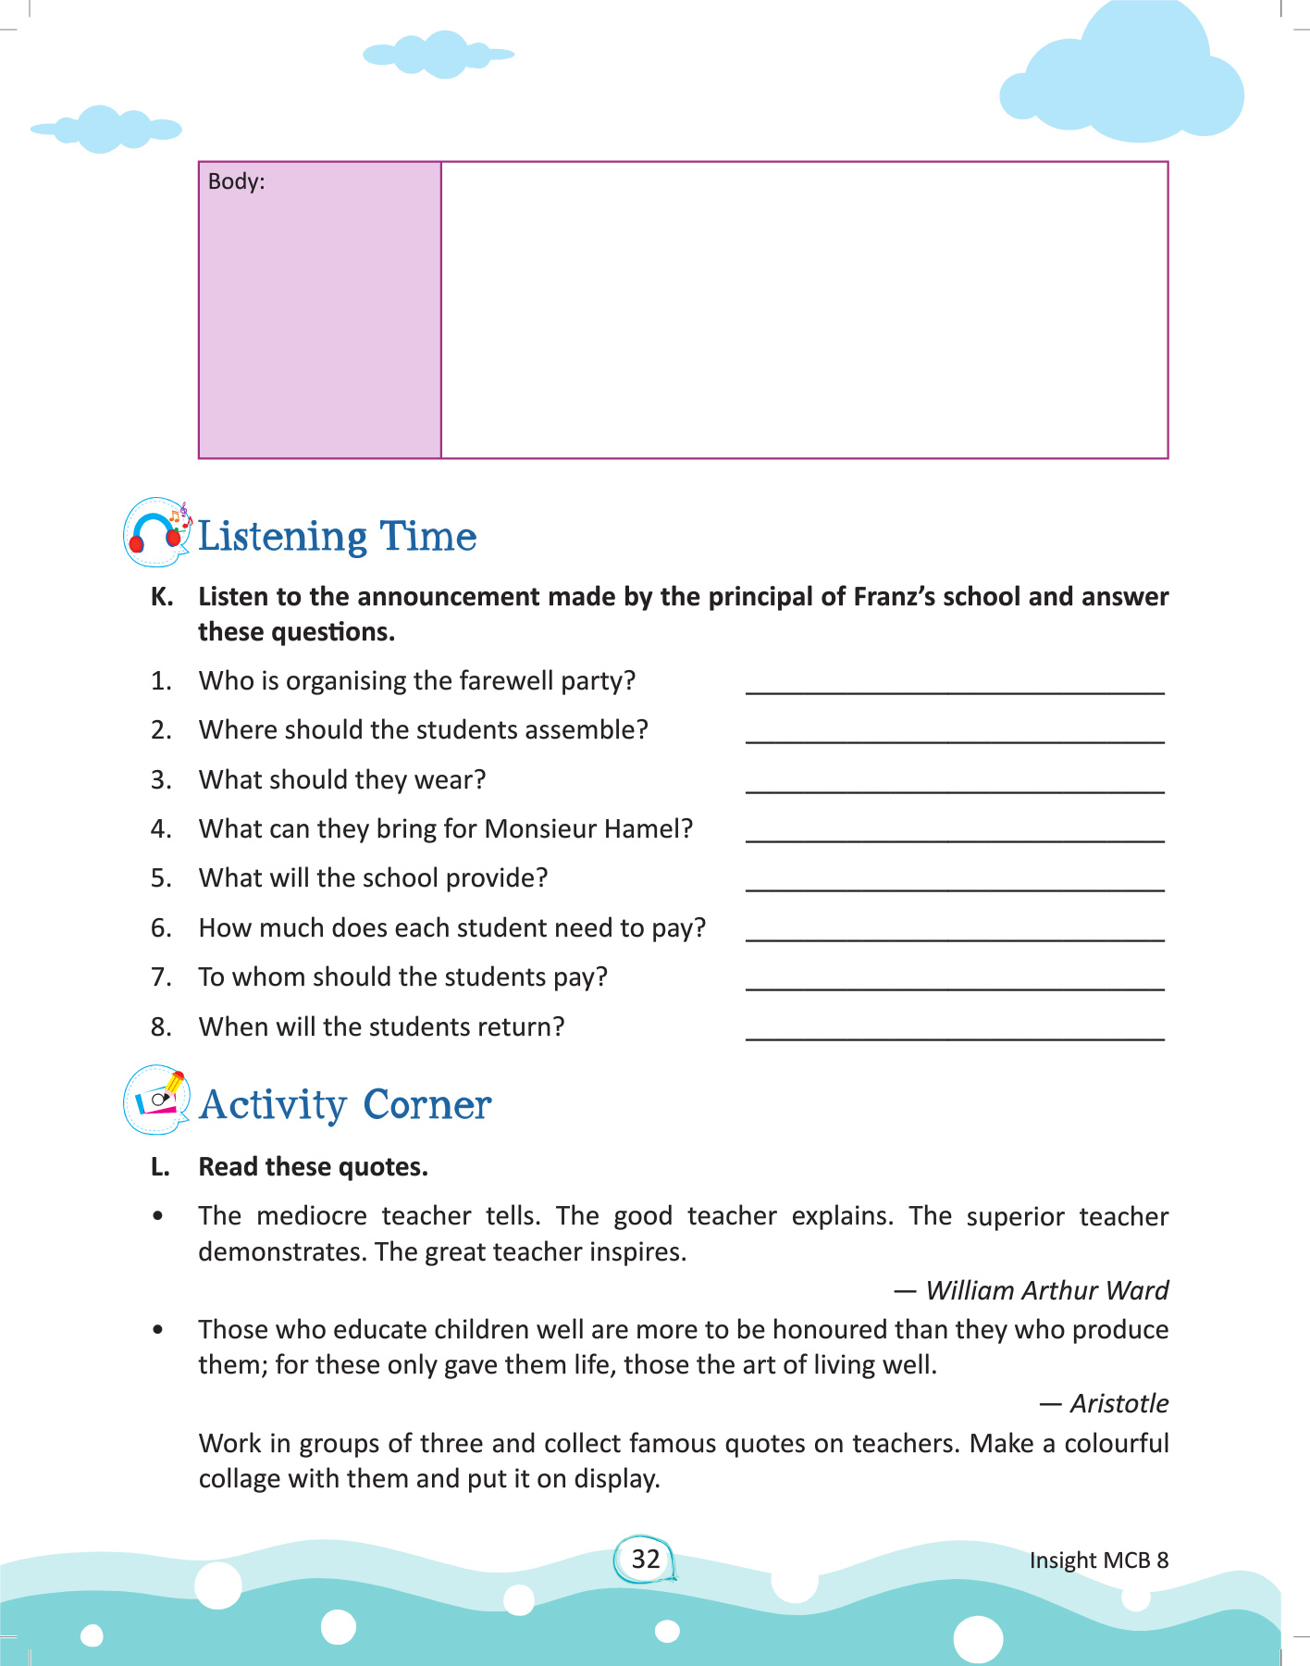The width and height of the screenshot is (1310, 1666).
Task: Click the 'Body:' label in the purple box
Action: [x=236, y=181]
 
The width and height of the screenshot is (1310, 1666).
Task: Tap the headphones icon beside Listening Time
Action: [x=155, y=532]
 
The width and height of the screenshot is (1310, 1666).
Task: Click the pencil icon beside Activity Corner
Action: [x=157, y=1100]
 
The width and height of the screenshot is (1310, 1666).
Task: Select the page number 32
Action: [x=645, y=1559]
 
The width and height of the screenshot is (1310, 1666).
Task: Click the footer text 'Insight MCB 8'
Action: [x=1098, y=1560]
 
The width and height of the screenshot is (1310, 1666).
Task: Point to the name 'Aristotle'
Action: [x=1118, y=1403]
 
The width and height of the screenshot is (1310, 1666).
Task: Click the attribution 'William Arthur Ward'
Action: [x=1046, y=1290]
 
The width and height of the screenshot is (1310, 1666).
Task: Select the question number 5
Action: [x=161, y=877]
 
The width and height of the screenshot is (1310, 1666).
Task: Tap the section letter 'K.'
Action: [x=162, y=597]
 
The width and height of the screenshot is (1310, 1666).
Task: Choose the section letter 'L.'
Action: [x=160, y=1167]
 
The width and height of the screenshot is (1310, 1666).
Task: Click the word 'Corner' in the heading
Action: [x=426, y=1104]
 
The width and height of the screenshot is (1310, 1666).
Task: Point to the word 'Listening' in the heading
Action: [x=283, y=537]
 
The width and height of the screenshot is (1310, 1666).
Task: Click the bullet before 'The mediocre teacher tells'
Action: [x=158, y=1216]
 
